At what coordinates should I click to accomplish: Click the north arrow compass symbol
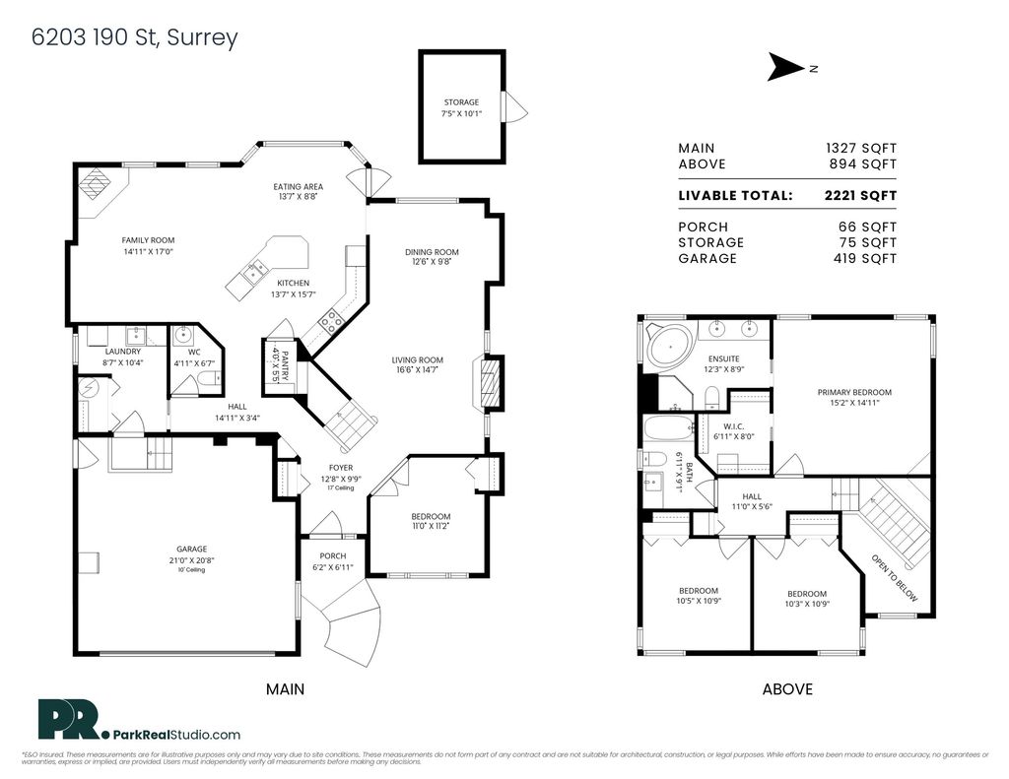786,67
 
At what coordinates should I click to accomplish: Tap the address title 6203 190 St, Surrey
135,37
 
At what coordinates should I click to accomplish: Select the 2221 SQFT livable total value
860,195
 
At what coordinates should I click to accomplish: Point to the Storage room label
461,102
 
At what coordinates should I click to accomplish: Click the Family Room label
148,240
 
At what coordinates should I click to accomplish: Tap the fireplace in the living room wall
492,384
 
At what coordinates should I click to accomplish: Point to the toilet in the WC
208,378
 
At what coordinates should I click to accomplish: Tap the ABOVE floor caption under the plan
787,689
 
